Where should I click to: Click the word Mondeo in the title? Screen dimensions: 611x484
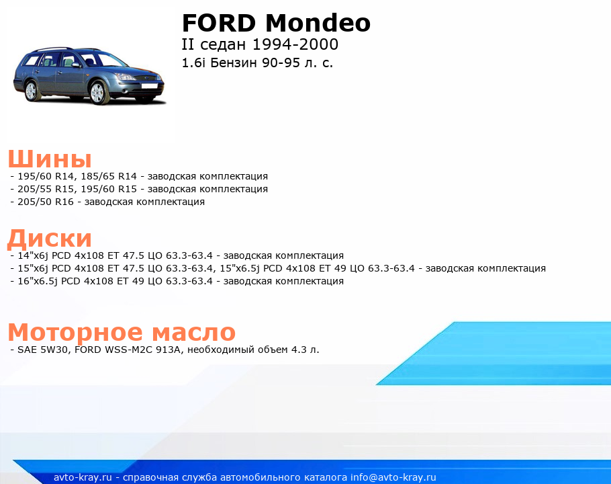click(x=318, y=23)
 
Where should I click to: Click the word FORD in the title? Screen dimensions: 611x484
click(x=219, y=23)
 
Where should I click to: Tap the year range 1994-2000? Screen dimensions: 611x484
click(x=295, y=44)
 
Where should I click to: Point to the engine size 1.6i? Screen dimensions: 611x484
click(x=193, y=63)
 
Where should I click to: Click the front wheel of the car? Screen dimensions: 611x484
click(x=97, y=93)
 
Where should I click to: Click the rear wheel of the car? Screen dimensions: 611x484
click(x=31, y=91)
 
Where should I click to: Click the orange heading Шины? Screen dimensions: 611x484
click(x=50, y=159)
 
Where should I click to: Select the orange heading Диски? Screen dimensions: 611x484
click(x=50, y=238)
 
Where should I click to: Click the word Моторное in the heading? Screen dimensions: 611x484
click(x=76, y=332)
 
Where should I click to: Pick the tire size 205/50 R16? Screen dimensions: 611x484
click(x=46, y=202)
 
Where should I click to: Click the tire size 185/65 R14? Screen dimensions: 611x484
click(x=109, y=176)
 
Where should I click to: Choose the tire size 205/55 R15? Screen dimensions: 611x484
click(x=46, y=189)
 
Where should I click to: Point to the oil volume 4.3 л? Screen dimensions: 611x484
click(x=305, y=350)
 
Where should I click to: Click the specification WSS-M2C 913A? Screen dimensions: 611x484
click(x=142, y=350)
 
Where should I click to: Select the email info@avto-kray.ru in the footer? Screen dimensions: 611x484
click(x=393, y=477)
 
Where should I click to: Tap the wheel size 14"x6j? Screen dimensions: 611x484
click(x=33, y=256)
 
